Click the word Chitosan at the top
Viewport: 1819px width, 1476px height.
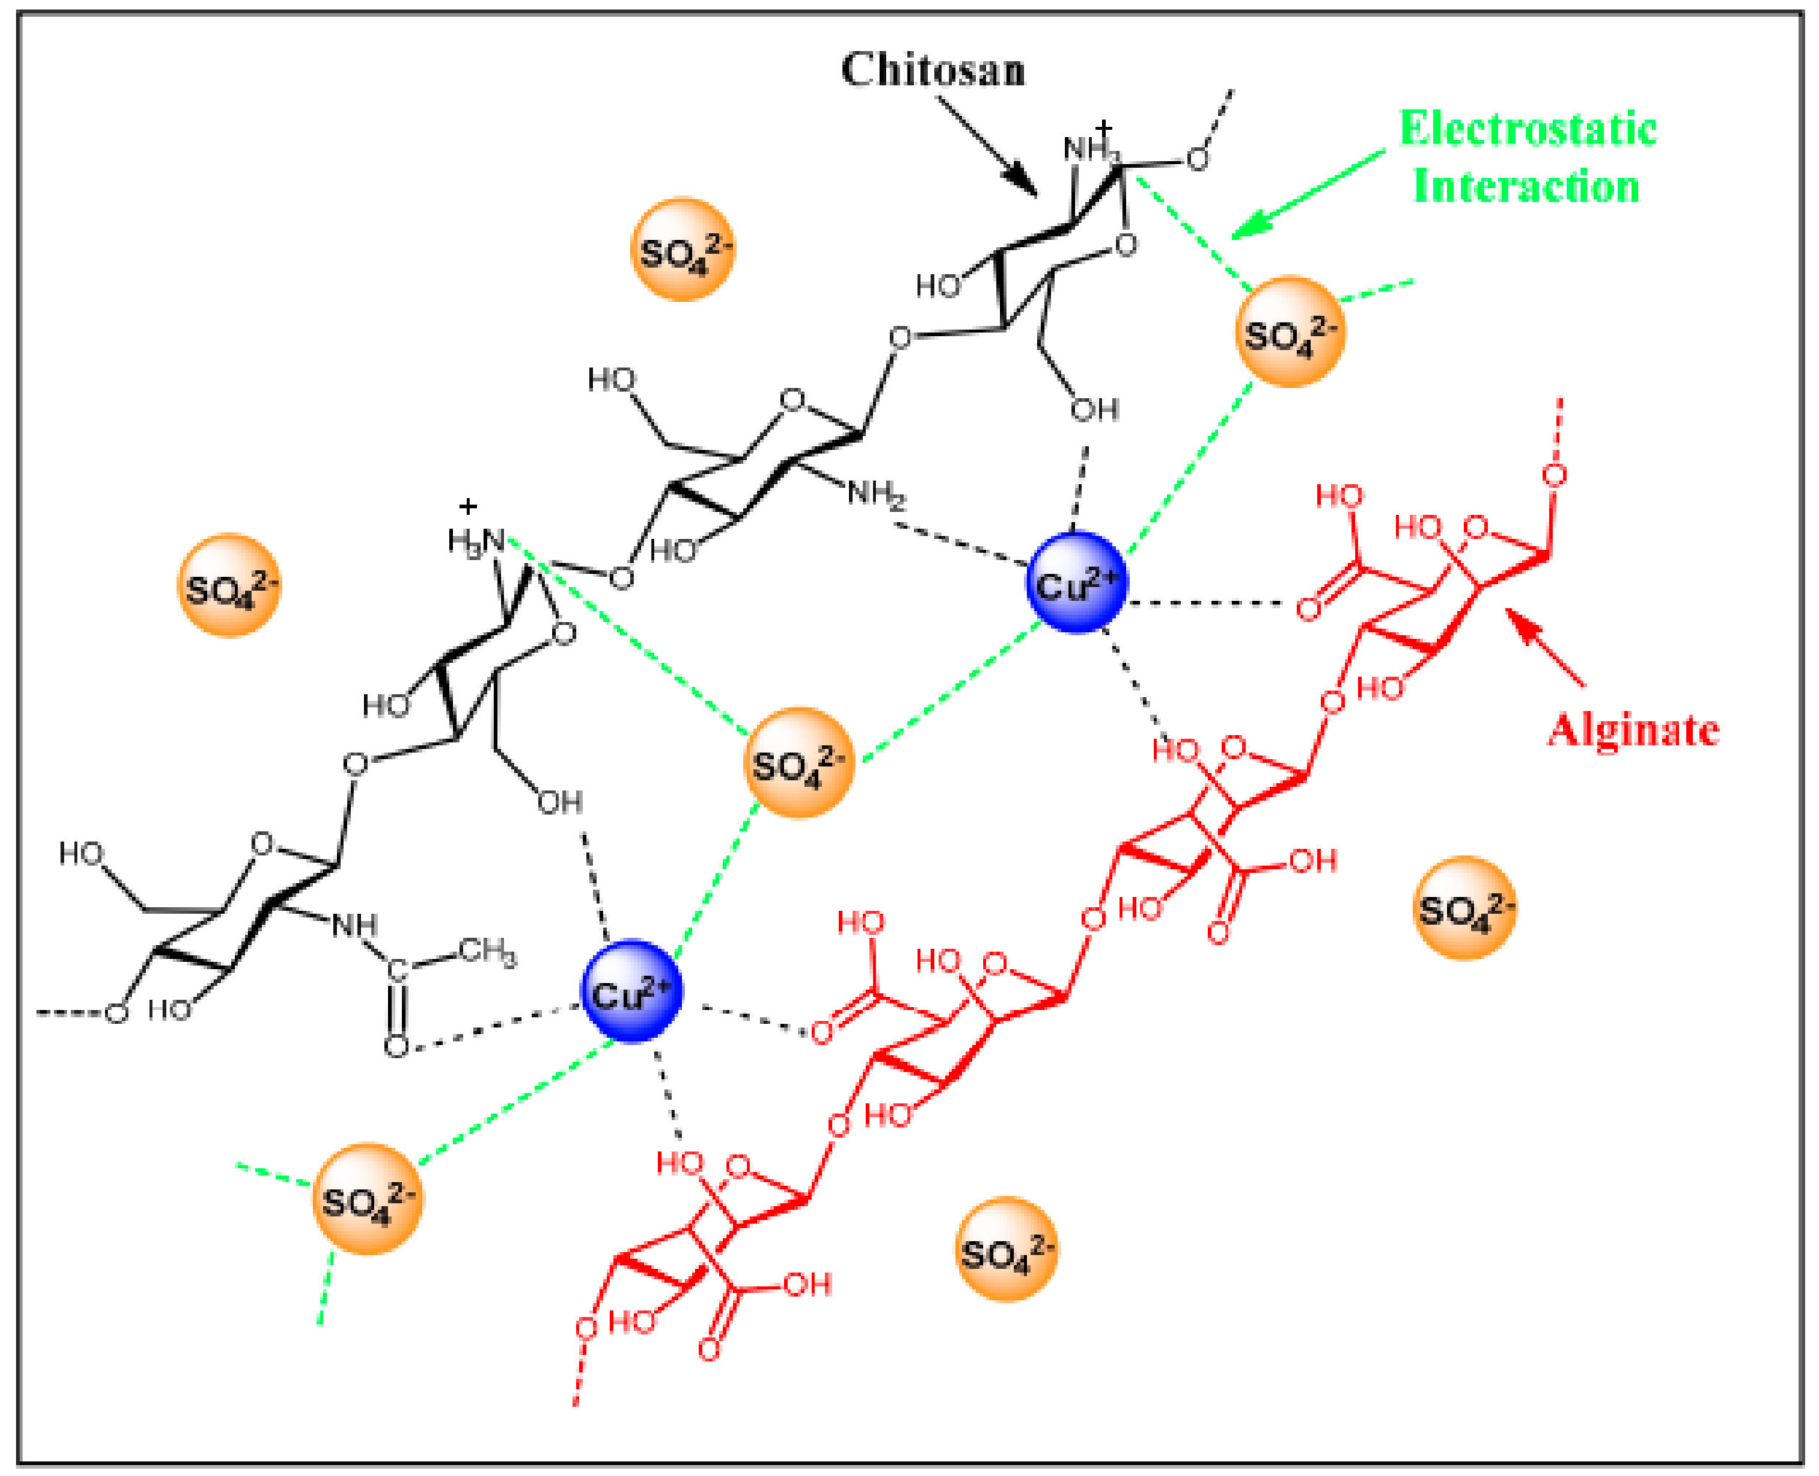pos(932,70)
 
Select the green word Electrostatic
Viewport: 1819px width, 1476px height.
pos(1527,129)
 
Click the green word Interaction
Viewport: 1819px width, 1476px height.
pos(1526,186)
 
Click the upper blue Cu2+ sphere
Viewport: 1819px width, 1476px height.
pos(1076,583)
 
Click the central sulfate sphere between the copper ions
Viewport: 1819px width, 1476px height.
pos(797,763)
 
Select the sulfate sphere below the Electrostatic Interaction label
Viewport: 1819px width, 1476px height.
pos(1289,332)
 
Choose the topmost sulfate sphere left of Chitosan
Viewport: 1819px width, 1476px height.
pos(683,249)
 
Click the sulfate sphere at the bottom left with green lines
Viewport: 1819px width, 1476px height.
pos(368,1199)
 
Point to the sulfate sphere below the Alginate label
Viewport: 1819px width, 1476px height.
pos(1464,908)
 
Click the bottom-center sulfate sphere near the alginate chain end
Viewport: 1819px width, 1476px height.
pos(1006,1249)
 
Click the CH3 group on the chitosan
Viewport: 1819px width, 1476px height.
pos(487,952)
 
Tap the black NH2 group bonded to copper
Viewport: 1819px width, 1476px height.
pos(876,494)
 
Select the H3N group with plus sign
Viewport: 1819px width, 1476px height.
pos(476,539)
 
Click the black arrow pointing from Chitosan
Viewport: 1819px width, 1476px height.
pos(987,145)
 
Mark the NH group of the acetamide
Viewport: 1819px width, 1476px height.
pos(354,925)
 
